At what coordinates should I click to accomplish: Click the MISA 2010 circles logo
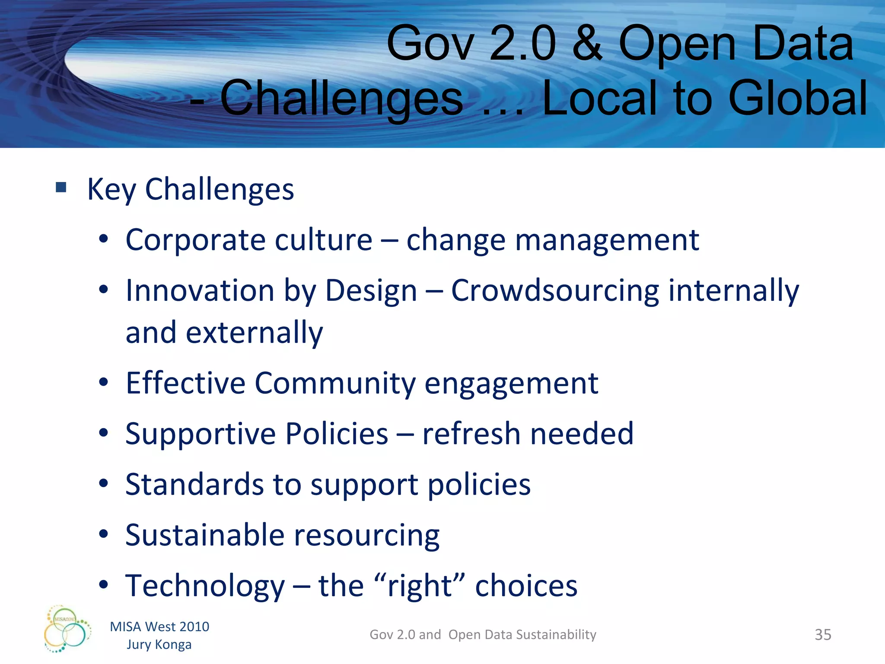[x=67, y=629]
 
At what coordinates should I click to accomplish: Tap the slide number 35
[x=823, y=635]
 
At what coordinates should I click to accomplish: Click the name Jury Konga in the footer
[x=159, y=645]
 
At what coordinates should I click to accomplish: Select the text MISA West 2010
[x=159, y=626]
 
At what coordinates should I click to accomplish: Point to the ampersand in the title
[x=586, y=43]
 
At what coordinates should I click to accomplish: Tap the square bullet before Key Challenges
[x=61, y=187]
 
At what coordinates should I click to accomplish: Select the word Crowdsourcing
[x=555, y=290]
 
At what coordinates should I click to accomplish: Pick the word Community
[x=335, y=383]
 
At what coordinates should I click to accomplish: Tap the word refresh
[x=471, y=434]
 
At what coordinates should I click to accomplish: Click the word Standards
[x=194, y=484]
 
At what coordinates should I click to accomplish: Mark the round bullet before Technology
[x=103, y=585]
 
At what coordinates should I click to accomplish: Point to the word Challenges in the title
[x=341, y=99]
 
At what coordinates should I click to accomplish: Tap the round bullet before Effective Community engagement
[x=103, y=382]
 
